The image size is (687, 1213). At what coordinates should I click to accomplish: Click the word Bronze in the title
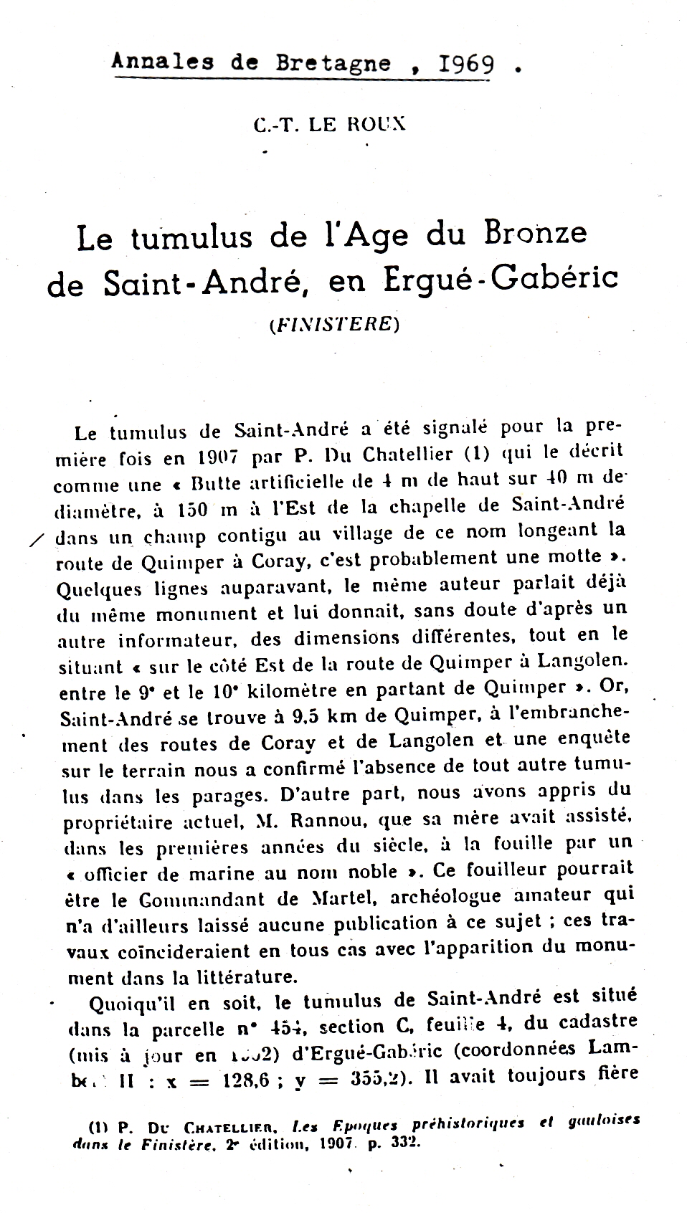point(535,234)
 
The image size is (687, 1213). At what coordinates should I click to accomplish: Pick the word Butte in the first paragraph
point(208,482)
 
